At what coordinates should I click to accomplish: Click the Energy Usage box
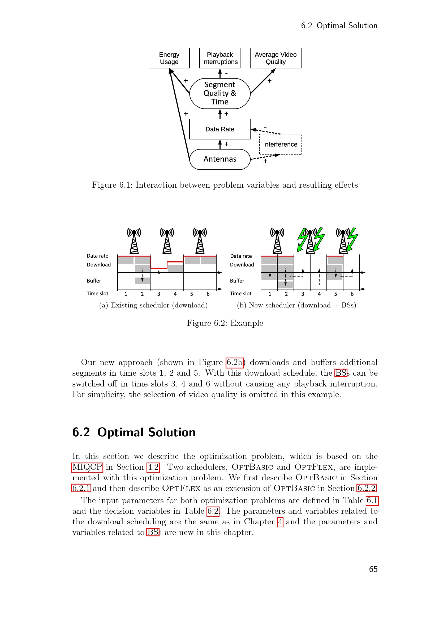click(x=169, y=58)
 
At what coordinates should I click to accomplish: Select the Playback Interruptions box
click(x=220, y=58)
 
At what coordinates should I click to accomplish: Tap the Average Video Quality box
click(x=276, y=58)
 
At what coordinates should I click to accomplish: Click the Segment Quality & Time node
click(x=220, y=93)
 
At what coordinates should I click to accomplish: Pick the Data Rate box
click(x=220, y=129)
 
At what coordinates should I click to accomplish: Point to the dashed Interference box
click(x=280, y=144)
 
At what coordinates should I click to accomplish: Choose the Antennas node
click(x=220, y=159)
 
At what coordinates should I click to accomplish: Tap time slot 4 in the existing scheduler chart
click(x=175, y=294)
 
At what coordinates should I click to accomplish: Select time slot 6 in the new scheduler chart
click(x=352, y=294)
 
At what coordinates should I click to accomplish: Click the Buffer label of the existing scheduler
click(x=94, y=281)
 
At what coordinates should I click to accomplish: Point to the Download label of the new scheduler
click(x=242, y=265)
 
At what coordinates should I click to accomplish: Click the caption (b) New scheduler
click(x=296, y=305)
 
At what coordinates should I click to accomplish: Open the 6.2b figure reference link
click(x=234, y=362)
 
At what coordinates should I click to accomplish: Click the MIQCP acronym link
click(x=87, y=467)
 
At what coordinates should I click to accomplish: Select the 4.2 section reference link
click(x=153, y=467)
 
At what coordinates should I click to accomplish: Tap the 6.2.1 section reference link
click(x=81, y=488)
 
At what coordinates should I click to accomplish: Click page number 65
click(x=373, y=569)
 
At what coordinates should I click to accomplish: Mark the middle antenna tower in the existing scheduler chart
click(x=167, y=241)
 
